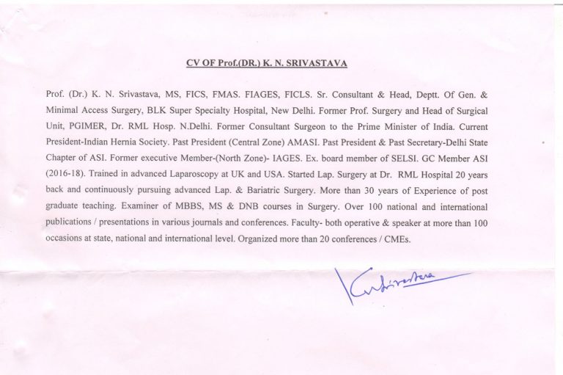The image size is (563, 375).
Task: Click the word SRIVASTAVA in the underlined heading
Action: [x=317, y=63]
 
